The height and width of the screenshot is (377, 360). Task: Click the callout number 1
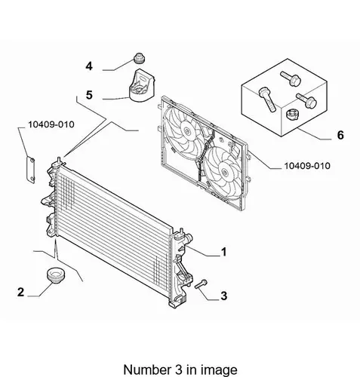point(223,252)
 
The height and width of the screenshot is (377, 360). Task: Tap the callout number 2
point(20,292)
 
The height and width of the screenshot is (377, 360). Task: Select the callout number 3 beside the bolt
point(224,296)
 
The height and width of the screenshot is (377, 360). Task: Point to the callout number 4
point(89,66)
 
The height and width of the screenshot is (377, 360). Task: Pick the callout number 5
point(89,95)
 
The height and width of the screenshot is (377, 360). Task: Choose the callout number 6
point(340,135)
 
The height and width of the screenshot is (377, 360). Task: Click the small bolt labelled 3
point(201,284)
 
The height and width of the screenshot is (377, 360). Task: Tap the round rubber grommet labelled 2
point(56,275)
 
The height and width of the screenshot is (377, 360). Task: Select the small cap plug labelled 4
point(140,58)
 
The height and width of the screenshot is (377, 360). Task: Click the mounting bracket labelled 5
point(141,85)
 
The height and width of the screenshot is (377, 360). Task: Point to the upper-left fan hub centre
point(186,130)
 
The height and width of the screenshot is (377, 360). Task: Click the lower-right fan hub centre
point(224,172)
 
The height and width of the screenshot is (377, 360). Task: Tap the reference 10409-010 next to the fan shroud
point(307,166)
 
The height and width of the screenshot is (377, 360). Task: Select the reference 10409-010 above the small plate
point(51,124)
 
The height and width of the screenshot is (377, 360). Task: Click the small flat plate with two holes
point(30,170)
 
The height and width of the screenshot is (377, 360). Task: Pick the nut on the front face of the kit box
point(292,115)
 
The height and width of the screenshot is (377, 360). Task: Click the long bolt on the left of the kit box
point(266,100)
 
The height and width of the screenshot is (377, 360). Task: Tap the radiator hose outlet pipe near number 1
point(188,238)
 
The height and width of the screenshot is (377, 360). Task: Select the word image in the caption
point(222,370)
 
